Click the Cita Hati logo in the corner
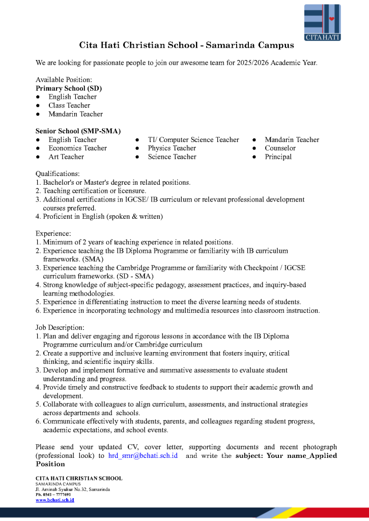tap(323, 22)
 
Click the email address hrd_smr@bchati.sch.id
tap(143, 455)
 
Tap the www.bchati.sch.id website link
tap(55, 500)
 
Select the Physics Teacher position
tap(172, 148)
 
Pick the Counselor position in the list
tap(280, 148)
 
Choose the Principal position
tap(278, 157)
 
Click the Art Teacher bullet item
tap(66, 157)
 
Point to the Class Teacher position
tap(69, 105)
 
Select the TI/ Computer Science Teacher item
tap(193, 139)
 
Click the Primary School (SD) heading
tap(69, 88)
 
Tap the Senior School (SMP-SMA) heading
tap(78, 131)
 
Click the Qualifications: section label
tap(58, 173)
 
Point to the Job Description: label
tap(60, 327)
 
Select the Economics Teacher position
tap(77, 148)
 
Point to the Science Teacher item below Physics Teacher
tap(172, 157)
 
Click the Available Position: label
tap(64, 80)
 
